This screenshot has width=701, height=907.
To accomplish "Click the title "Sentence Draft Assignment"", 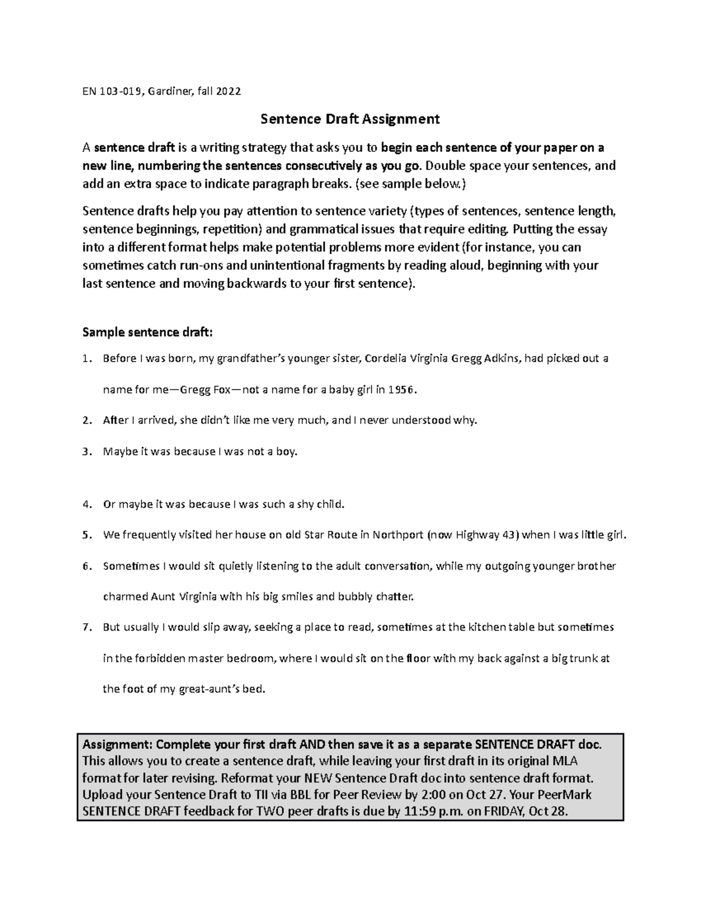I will click(349, 119).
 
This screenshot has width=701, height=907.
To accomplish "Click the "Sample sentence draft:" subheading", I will click(148, 332).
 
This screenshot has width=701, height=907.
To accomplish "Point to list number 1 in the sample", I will click(86, 359).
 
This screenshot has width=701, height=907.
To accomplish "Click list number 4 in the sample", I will click(86, 504).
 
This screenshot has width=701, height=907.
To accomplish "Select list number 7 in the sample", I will click(86, 627).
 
